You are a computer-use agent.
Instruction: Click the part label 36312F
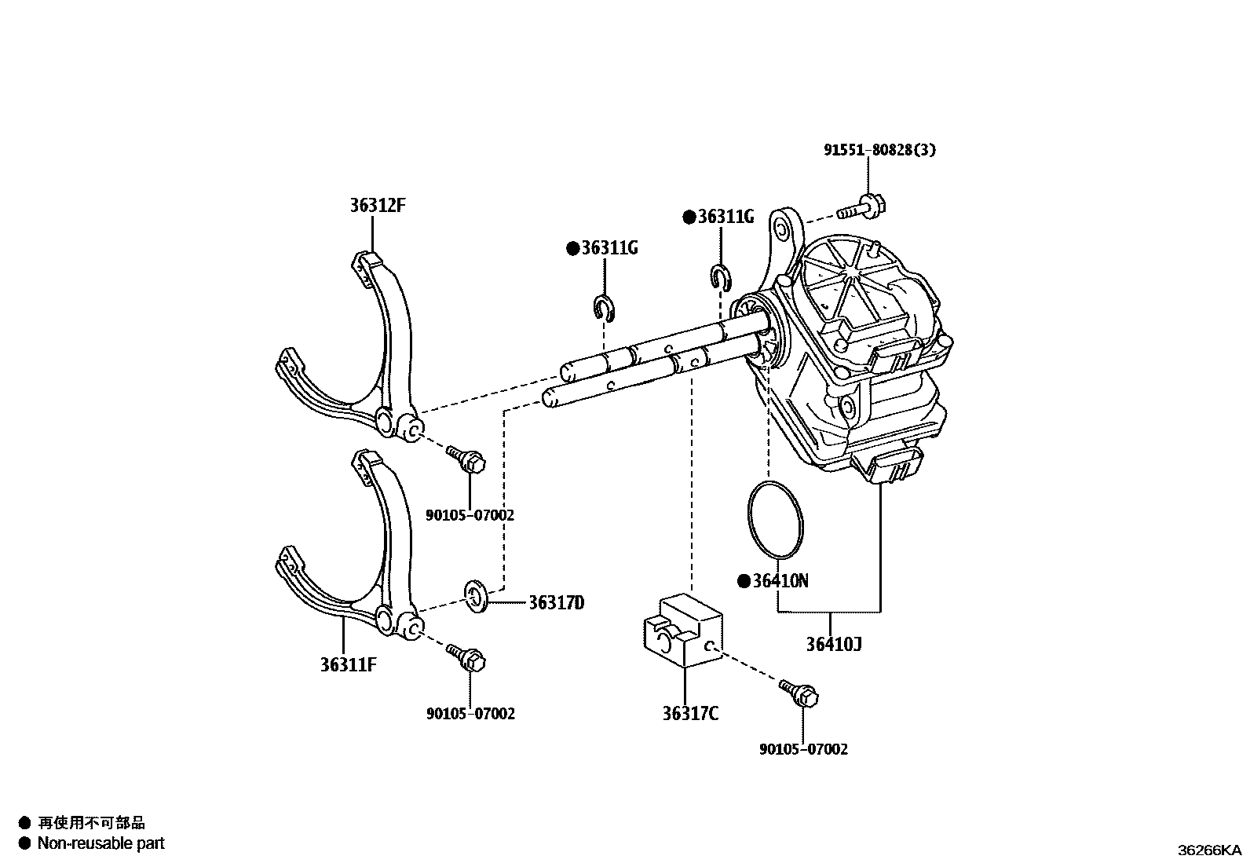[378, 206]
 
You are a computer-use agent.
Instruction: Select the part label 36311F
[349, 665]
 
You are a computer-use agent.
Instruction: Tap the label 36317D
[556, 603]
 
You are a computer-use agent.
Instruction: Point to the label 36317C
[690, 714]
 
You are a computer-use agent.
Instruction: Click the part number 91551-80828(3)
[879, 149]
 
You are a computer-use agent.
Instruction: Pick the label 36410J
[834, 645]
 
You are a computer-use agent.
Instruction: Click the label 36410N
[780, 581]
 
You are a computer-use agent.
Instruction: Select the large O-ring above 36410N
[776, 521]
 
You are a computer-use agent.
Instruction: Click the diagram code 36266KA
[1209, 850]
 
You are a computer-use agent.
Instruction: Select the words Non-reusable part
[102, 844]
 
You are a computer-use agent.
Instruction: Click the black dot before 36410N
[743, 581]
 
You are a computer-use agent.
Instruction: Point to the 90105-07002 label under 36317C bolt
[803, 750]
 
